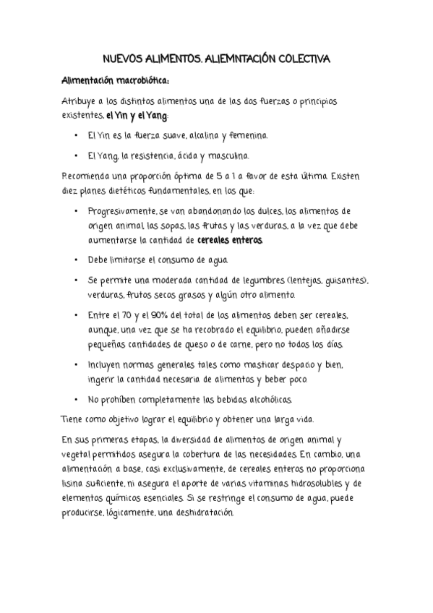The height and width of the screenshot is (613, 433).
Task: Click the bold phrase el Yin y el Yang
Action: pyautogui.click(x=137, y=116)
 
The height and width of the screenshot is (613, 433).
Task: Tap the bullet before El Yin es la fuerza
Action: pyautogui.click(x=77, y=136)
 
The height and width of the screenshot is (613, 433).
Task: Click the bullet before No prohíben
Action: pyautogui.click(x=77, y=399)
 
